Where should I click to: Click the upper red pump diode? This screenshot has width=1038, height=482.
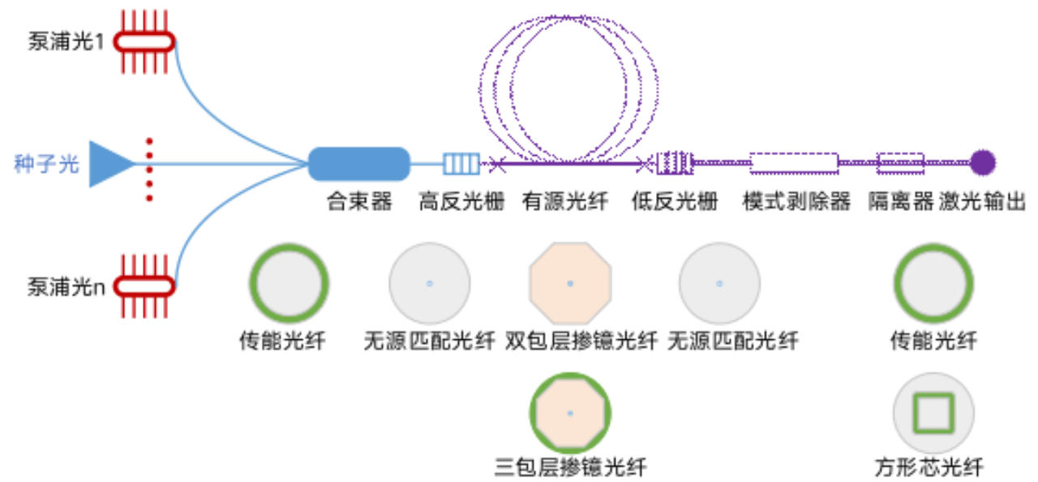point(144,41)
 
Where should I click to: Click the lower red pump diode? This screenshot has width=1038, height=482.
point(144,286)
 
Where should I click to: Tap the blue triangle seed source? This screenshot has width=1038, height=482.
point(109,164)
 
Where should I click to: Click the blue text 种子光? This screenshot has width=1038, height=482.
point(47,164)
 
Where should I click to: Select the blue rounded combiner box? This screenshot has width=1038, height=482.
point(359,164)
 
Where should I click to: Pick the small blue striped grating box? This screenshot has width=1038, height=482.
point(461,164)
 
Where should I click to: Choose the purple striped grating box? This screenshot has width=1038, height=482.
point(675,163)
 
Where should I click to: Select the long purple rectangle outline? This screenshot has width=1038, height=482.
point(793,163)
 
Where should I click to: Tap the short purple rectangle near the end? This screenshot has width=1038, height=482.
point(899,163)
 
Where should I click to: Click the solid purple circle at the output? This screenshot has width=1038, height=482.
point(983,163)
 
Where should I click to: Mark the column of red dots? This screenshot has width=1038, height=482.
point(149,170)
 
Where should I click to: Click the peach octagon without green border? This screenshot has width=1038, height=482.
point(570,283)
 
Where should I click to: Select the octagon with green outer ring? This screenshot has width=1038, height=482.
point(570,413)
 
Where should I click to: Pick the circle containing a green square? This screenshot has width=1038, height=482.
point(933,413)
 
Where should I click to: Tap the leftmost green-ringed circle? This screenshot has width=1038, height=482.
point(289,283)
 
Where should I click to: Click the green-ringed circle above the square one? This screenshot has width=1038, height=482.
point(933,283)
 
